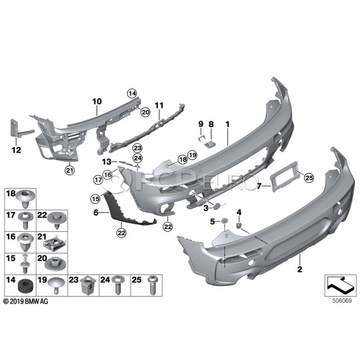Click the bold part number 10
point(97,101)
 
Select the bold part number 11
point(159,105)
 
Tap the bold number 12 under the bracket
point(16,150)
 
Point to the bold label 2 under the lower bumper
point(300,269)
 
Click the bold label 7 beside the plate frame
point(259,186)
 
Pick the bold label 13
point(106,162)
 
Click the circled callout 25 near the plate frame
point(309,178)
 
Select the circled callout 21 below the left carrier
point(70,170)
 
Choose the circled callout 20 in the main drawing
point(145,112)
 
